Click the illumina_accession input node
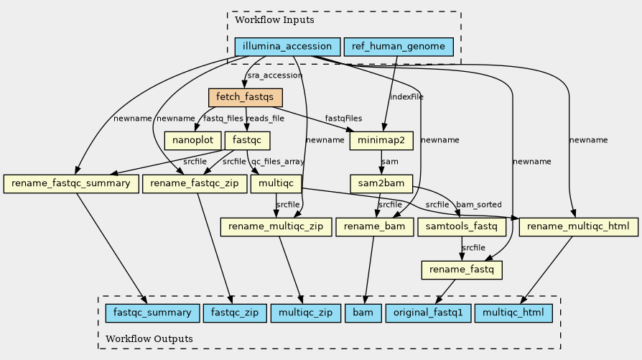click(x=287, y=47)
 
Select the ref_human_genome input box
click(x=399, y=47)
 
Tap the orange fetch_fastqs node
click(x=245, y=97)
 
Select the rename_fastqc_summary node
click(x=70, y=184)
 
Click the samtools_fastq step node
click(x=461, y=227)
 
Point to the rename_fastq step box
click(x=461, y=270)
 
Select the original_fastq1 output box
click(x=429, y=313)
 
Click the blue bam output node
click(x=363, y=313)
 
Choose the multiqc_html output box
click(x=513, y=313)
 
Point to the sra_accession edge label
click(x=274, y=75)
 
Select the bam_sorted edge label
click(x=478, y=205)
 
